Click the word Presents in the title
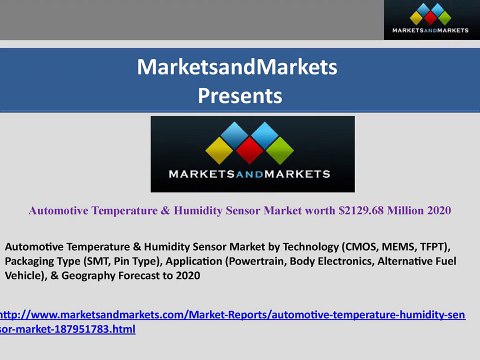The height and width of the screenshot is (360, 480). (x=240, y=96)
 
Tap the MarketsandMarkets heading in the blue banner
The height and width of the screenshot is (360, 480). (x=240, y=68)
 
